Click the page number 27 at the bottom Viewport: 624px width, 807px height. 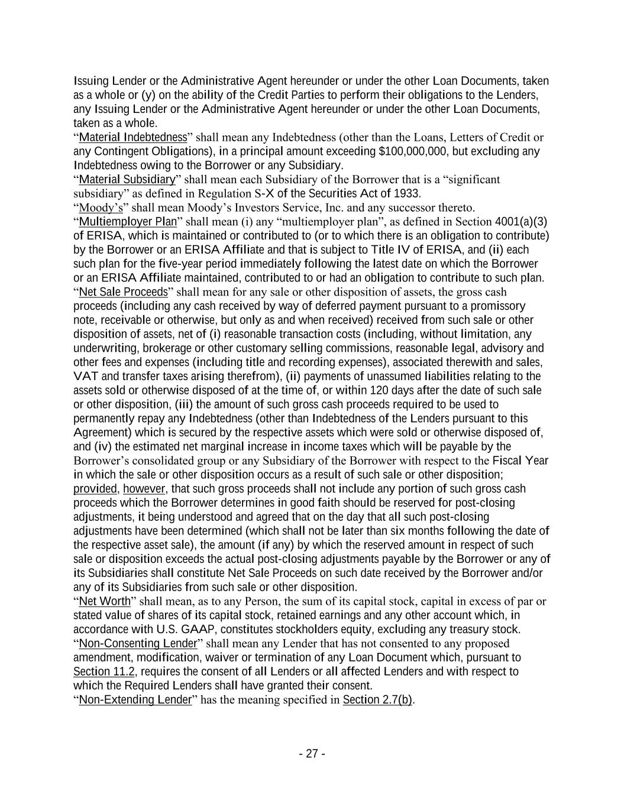point(312,754)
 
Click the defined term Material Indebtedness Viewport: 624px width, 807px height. point(132,138)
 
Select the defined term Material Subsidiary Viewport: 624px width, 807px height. point(127,180)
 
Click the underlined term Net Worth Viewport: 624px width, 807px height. point(104,602)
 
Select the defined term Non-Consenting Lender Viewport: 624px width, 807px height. point(137,644)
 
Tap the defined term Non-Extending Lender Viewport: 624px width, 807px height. point(135,700)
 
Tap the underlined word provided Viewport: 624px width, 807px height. point(95,489)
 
